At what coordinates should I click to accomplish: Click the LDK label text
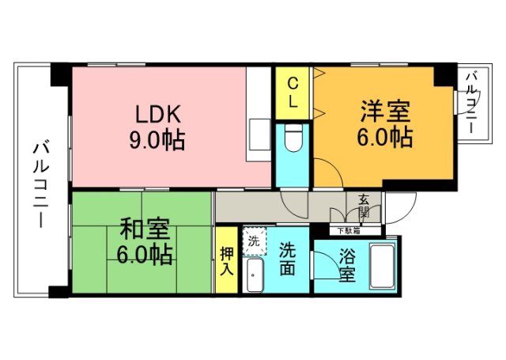157,114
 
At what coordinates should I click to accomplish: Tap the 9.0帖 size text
157,140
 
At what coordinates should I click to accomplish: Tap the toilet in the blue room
293,138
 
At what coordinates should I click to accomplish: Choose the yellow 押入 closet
226,260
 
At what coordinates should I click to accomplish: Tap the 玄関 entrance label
364,207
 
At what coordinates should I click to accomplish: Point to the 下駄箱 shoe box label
349,231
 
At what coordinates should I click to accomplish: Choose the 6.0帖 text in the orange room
386,137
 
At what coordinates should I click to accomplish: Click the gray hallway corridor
261,207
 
